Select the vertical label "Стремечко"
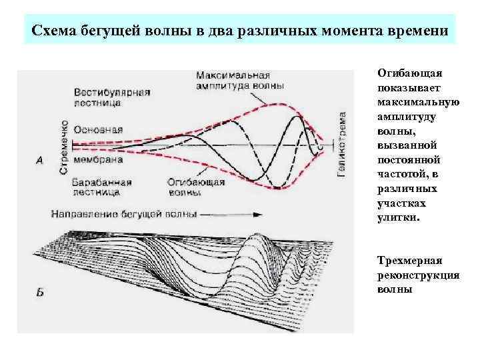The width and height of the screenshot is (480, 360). [x=64, y=147]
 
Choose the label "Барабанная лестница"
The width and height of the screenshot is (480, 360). [x=103, y=187]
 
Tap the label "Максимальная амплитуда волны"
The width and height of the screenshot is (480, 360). [x=239, y=80]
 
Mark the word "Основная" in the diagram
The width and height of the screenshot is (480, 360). [x=98, y=130]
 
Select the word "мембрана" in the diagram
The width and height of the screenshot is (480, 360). [x=99, y=161]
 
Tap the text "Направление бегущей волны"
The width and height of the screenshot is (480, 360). [x=124, y=214]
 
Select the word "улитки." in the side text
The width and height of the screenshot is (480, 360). [x=399, y=217]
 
